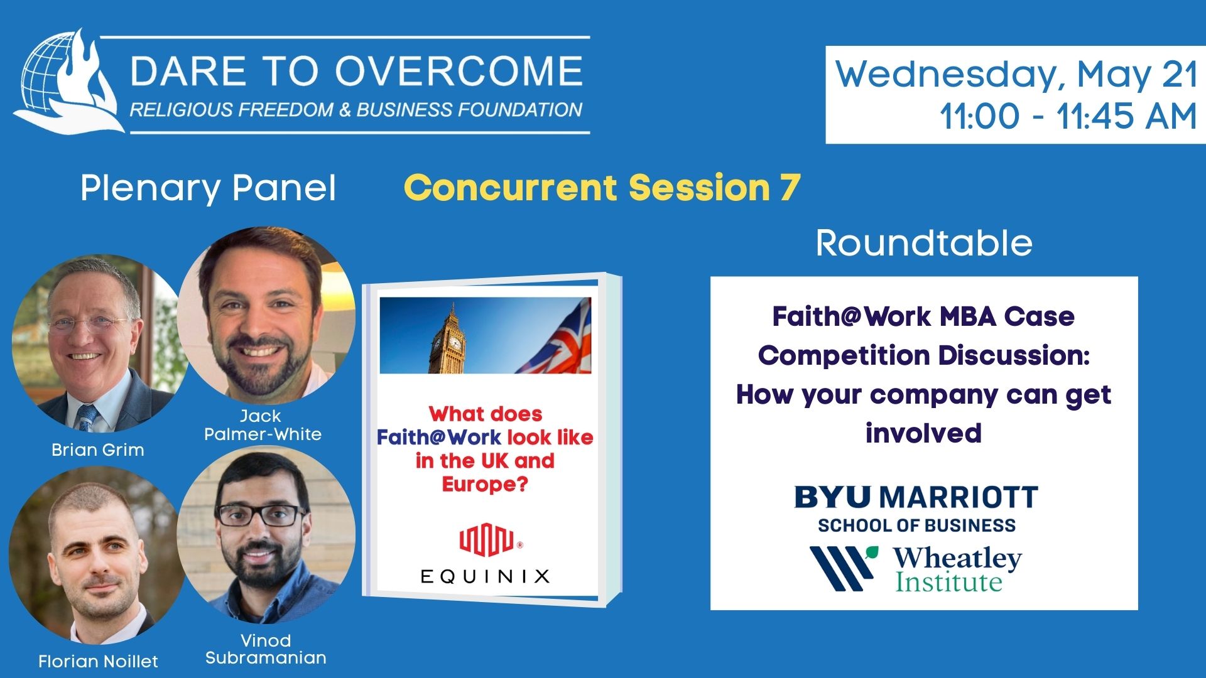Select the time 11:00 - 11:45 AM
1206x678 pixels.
pyautogui.click(x=1068, y=116)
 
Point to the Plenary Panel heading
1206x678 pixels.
pyautogui.click(x=208, y=188)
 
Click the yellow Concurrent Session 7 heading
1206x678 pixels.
pyautogui.click(x=602, y=187)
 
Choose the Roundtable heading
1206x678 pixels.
pyautogui.click(x=924, y=243)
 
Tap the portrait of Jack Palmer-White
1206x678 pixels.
pyautogui.click(x=266, y=315)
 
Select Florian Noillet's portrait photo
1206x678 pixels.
pyautogui.click(x=95, y=556)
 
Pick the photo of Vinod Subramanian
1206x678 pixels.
pyautogui.click(x=266, y=535)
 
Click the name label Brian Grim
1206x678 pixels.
pyautogui.click(x=98, y=449)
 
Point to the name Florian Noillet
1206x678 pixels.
pyautogui.click(x=98, y=661)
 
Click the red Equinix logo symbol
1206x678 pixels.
pyautogui.click(x=487, y=542)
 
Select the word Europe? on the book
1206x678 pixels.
pyautogui.click(x=485, y=485)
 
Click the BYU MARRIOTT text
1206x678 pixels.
pyautogui.click(x=916, y=498)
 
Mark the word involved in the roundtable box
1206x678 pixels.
pyautogui.click(x=923, y=433)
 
